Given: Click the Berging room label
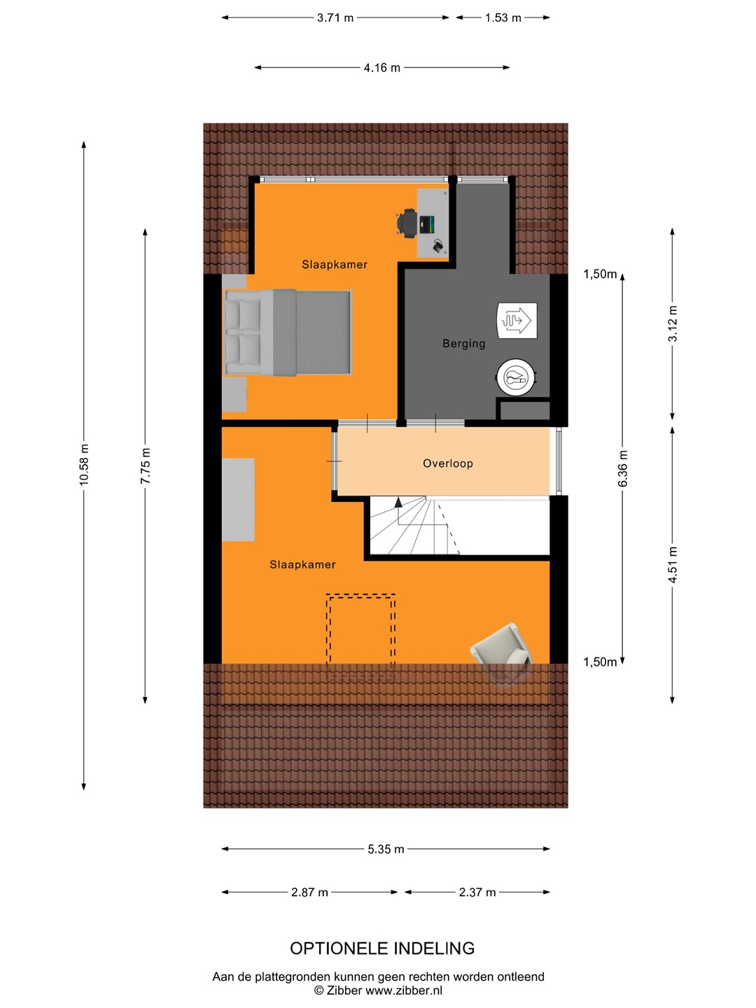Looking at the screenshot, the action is [x=463, y=344].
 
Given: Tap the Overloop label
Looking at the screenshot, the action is [x=447, y=463].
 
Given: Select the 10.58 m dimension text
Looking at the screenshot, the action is [x=83, y=464].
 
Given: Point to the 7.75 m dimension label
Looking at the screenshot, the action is [x=145, y=465].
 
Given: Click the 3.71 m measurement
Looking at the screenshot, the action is [x=335, y=18].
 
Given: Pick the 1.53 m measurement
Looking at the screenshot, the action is [x=503, y=18].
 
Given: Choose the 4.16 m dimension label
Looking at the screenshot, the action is [x=382, y=68].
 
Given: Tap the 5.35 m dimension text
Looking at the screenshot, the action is [x=386, y=849].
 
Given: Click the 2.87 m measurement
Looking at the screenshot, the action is [x=309, y=892].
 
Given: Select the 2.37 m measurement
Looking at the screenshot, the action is [x=477, y=892].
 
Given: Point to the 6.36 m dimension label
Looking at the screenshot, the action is [x=622, y=468].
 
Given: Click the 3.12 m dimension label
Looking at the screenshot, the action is [x=673, y=324].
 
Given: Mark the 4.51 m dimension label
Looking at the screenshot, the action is [x=673, y=564].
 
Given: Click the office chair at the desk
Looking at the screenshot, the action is [x=407, y=223].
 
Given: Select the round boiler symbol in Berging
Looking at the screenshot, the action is [x=516, y=377].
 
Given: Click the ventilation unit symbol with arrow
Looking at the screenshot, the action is [x=517, y=320].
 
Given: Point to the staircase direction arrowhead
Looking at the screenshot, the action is [x=398, y=503].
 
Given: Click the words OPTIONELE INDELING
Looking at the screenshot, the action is [x=382, y=948].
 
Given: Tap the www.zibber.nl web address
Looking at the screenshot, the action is [x=404, y=990].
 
